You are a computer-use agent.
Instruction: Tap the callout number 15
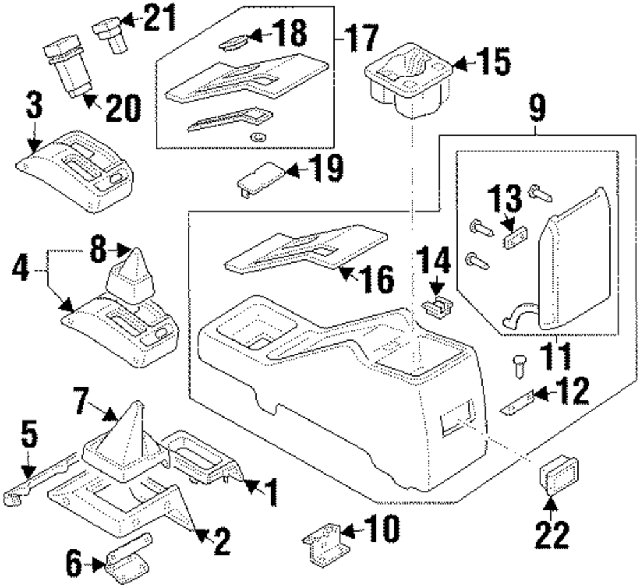tap(494, 63)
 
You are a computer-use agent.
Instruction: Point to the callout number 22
tap(552, 535)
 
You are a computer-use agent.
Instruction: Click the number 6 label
tap(74, 564)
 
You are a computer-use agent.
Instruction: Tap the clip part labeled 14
tap(438, 307)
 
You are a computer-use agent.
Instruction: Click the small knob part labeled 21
tap(109, 35)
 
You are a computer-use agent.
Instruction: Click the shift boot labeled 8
tap(130, 277)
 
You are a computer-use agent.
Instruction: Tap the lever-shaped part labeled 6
tap(128, 557)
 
